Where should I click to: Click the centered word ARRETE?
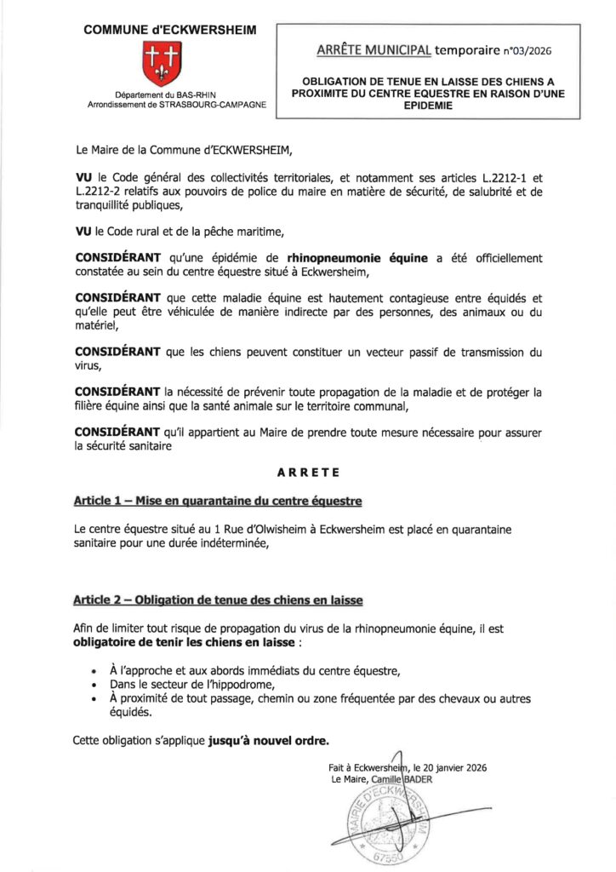(307, 471)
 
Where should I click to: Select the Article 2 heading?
(219, 600)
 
